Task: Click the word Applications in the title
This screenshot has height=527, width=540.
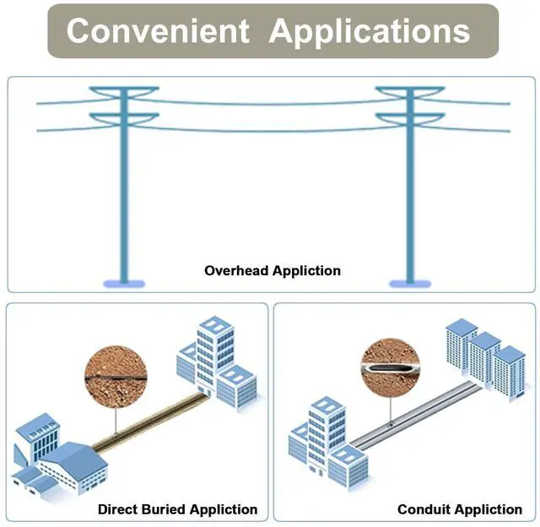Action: pos(370,31)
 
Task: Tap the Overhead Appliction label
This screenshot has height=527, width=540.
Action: pos(273,271)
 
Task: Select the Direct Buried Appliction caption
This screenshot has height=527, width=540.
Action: pos(177,509)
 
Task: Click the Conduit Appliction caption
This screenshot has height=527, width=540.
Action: pos(460,509)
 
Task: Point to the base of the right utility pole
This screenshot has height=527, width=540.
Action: pos(410,281)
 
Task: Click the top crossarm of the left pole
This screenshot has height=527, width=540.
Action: pos(124,89)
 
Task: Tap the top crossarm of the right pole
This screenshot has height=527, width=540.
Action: pos(410,89)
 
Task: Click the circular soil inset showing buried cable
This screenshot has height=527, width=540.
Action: pos(115,377)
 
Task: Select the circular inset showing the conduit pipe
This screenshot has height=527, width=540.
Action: pos(390,368)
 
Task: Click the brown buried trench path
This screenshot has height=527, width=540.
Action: pos(148,422)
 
